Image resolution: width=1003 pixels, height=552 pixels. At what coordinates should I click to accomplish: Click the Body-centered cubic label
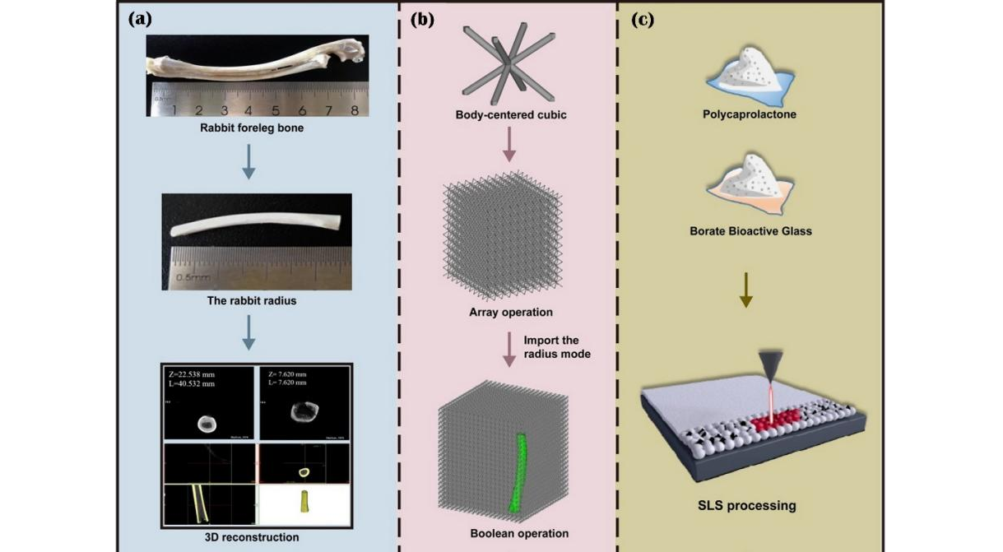pyautogui.click(x=511, y=114)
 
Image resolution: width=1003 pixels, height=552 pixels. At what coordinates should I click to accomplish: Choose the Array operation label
pyautogui.click(x=511, y=312)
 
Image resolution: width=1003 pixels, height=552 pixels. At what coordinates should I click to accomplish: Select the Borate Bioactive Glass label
pyautogui.click(x=750, y=231)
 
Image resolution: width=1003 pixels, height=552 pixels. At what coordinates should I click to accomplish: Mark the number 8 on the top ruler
pyautogui.click(x=354, y=109)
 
